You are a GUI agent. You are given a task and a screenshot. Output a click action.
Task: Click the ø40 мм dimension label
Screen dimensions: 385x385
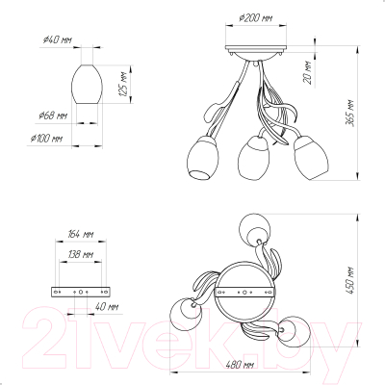pyautogui.click(x=58, y=40)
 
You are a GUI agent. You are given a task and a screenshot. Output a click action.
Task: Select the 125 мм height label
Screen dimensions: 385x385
pyautogui.click(x=123, y=85)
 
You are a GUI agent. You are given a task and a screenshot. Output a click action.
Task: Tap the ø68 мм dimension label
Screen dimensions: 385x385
pyautogui.click(x=53, y=115)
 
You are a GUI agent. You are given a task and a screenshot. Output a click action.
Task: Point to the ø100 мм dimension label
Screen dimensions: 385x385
pyautogui.click(x=46, y=139)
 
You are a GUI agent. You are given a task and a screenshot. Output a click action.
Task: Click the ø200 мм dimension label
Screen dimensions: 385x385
pyautogui.click(x=256, y=18)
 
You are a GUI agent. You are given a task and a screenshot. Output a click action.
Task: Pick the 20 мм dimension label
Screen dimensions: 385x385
pyautogui.click(x=308, y=72)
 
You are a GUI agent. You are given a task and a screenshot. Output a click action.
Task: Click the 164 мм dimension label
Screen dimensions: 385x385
pyautogui.click(x=81, y=234)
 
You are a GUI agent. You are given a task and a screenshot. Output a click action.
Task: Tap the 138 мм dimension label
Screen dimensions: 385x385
pyautogui.click(x=81, y=255)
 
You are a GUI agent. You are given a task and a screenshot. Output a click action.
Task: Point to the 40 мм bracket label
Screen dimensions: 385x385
pyautogui.click(x=107, y=307)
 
